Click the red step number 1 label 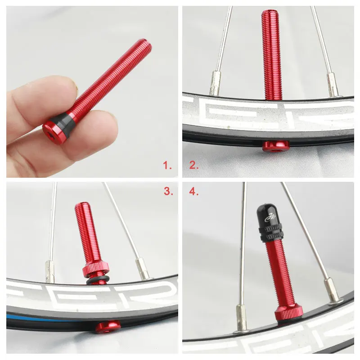click(167, 165)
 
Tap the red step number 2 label click(194, 165)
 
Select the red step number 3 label click(168, 191)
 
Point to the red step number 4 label click(194, 191)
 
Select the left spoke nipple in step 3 click(49, 271)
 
